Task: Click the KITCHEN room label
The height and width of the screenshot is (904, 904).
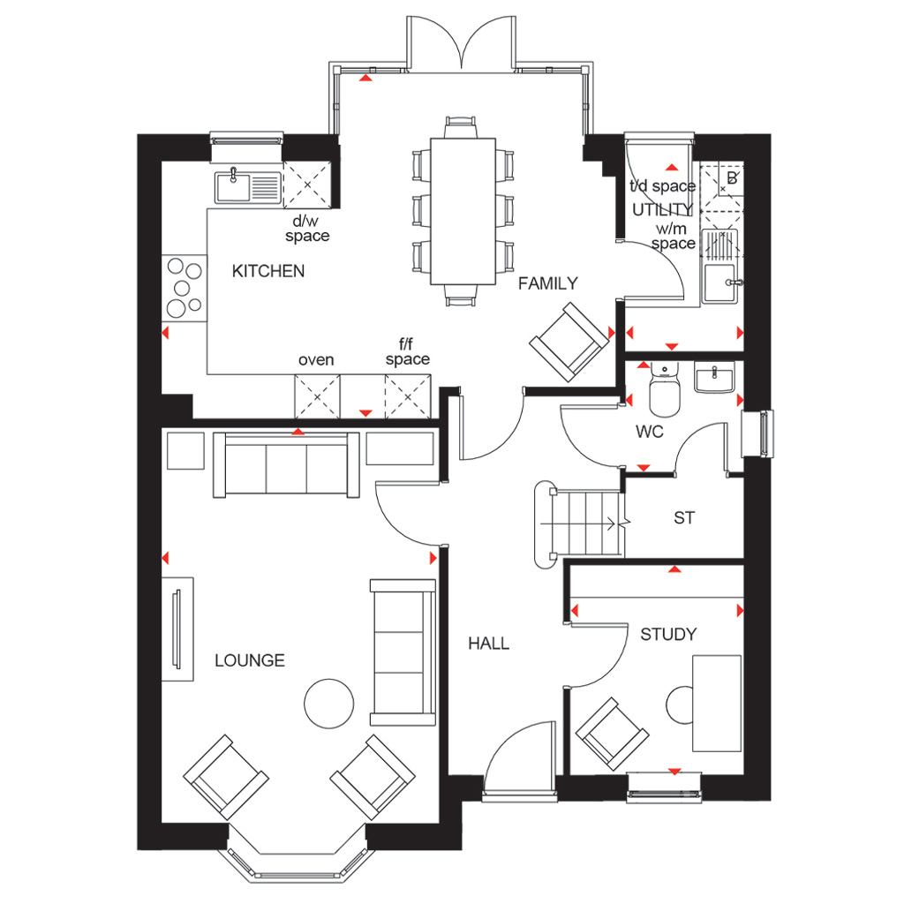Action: [268, 271]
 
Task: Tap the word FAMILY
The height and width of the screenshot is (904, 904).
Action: [547, 283]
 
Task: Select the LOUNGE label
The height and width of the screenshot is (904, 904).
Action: [250, 660]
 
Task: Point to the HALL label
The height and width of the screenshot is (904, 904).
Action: [488, 644]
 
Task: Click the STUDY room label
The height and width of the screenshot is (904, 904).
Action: [668, 635]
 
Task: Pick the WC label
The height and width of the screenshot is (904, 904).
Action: [649, 431]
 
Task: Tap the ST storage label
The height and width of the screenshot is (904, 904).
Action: [684, 517]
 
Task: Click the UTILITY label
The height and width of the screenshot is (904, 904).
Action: [662, 209]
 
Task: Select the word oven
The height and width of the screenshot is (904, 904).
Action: [316, 360]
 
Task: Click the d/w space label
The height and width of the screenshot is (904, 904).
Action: [307, 229]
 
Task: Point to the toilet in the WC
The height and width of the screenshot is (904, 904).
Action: [665, 388]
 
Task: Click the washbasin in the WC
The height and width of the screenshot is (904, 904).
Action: [714, 378]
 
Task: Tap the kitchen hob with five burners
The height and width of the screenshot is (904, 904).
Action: [185, 289]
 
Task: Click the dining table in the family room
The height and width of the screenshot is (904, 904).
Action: [463, 211]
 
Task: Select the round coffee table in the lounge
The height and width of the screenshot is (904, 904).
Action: [328, 704]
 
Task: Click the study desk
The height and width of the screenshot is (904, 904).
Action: [717, 703]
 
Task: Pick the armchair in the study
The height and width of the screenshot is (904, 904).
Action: [613, 734]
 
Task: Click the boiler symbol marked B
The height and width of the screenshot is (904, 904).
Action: [732, 177]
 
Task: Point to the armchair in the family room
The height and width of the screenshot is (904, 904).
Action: [569, 343]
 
